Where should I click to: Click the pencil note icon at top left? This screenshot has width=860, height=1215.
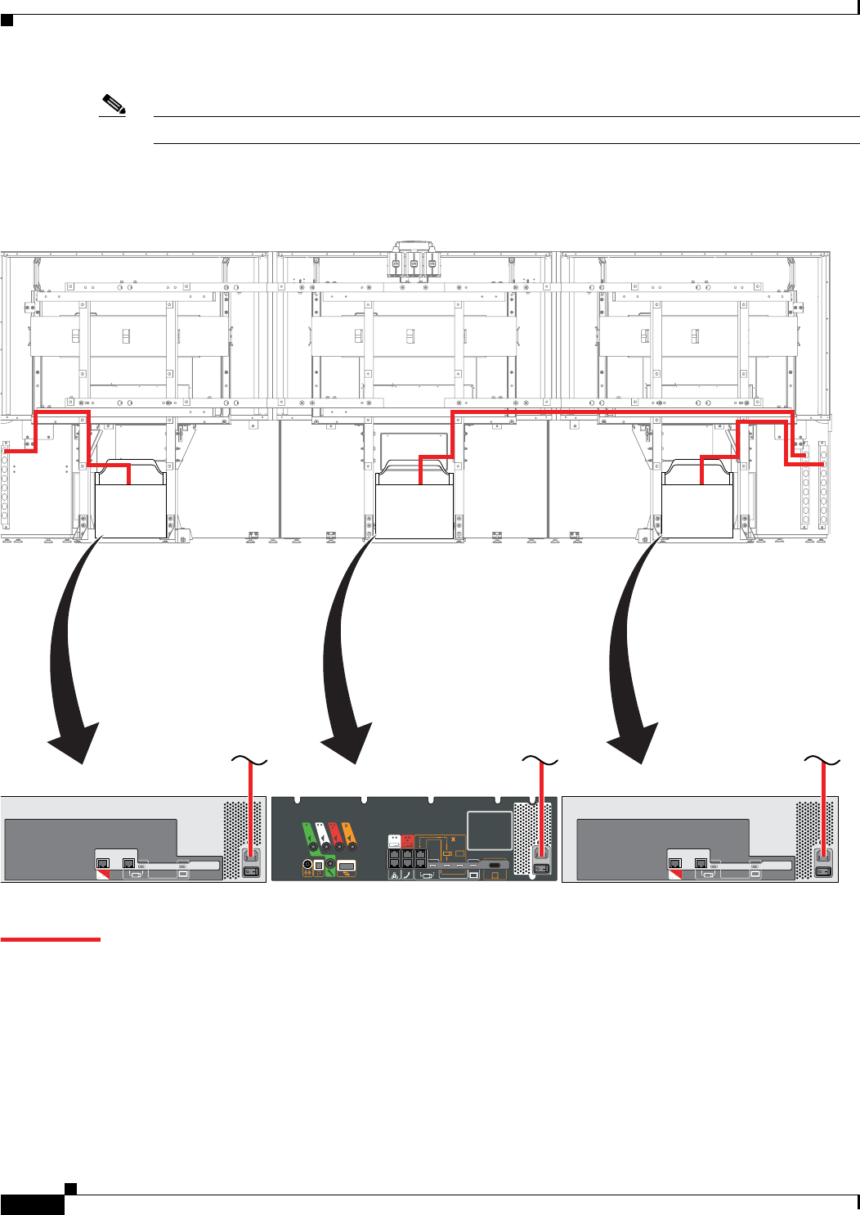[x=114, y=106]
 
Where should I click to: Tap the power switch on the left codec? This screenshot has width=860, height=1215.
[x=251, y=871]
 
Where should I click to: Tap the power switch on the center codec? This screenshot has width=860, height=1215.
[x=540, y=868]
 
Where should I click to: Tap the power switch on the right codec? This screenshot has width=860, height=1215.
[x=823, y=871]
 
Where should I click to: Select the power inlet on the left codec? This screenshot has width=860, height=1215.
[x=251, y=857]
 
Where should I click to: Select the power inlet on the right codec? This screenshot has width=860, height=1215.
[x=823, y=857]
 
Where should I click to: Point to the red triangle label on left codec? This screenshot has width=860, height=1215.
[x=103, y=874]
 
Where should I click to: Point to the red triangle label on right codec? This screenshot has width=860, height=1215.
[x=675, y=874]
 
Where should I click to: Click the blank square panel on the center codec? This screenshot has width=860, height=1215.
[x=489, y=830]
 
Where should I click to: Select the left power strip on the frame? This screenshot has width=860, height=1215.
[x=5, y=487]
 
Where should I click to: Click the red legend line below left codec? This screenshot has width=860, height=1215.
[x=50, y=939]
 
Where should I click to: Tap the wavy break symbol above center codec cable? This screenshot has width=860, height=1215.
[x=540, y=762]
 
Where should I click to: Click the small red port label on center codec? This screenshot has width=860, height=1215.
[x=407, y=840]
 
